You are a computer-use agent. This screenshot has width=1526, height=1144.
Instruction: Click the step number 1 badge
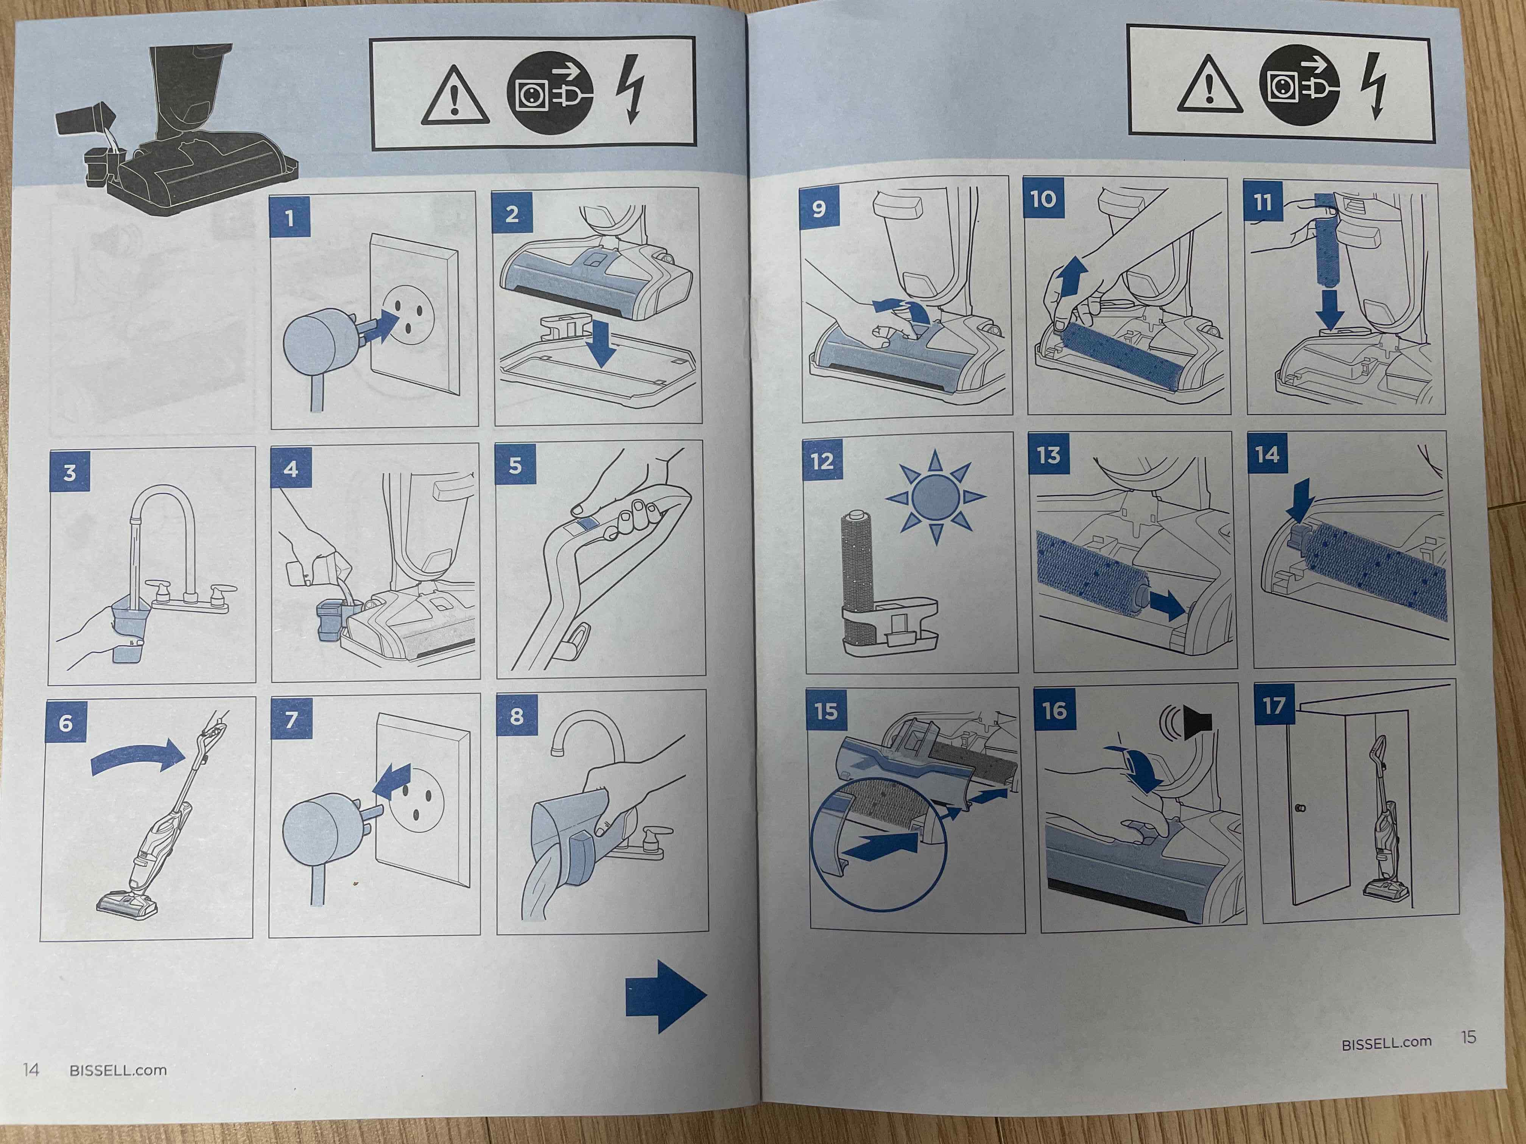290,219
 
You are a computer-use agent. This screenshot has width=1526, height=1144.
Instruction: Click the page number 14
31,1069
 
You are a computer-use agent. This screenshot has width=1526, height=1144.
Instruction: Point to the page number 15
1469,1037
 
